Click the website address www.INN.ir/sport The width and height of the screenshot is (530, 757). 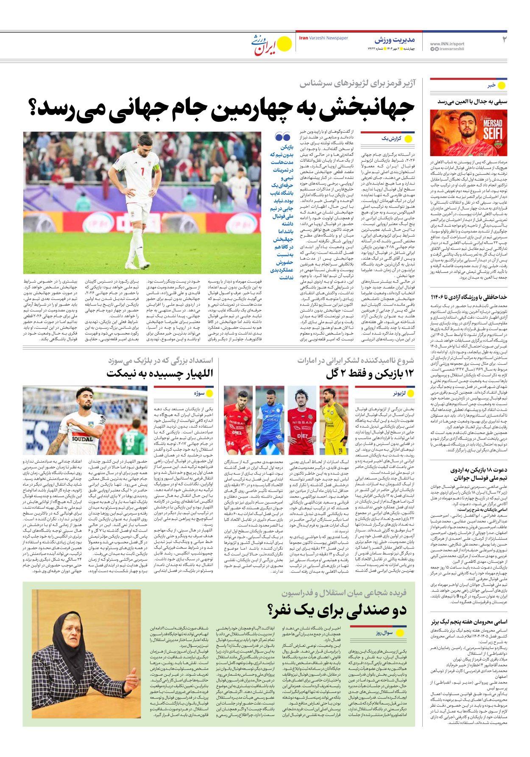point(447,44)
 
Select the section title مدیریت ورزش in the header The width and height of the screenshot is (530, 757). point(394,40)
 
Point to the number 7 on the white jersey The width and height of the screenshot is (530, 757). point(143,171)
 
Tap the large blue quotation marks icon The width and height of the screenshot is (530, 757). point(282,137)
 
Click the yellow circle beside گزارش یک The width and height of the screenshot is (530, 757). point(409,139)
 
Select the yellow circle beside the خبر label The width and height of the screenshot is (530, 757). point(502,85)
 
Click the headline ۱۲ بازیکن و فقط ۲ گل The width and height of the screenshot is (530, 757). point(369,374)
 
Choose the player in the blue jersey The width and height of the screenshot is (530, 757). point(270,420)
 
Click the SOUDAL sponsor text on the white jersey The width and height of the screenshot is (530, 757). point(82,439)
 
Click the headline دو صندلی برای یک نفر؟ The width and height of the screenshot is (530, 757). point(337,611)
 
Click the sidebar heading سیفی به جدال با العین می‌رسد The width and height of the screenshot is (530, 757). point(472,102)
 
